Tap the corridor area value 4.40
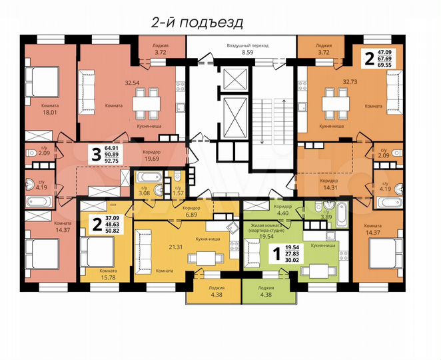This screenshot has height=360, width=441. pos(284,213)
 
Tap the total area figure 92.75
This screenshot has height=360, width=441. pos(113,161)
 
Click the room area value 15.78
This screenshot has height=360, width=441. pos(109,278)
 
